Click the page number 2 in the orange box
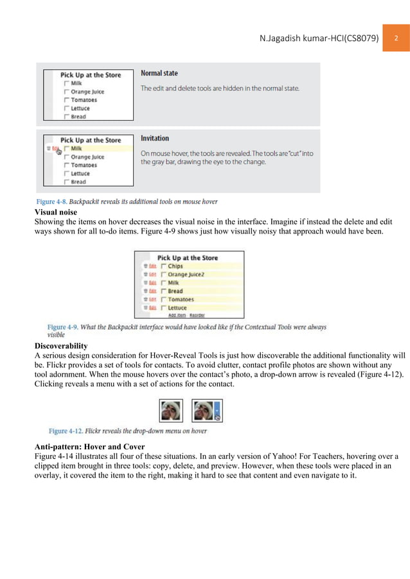[x=397, y=39]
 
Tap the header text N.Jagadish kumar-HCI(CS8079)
[x=318, y=39]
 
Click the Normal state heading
[x=159, y=73]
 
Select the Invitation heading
[x=155, y=138]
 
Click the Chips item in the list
[x=175, y=266]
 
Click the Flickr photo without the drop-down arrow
[x=171, y=410]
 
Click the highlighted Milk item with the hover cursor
[x=76, y=148]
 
